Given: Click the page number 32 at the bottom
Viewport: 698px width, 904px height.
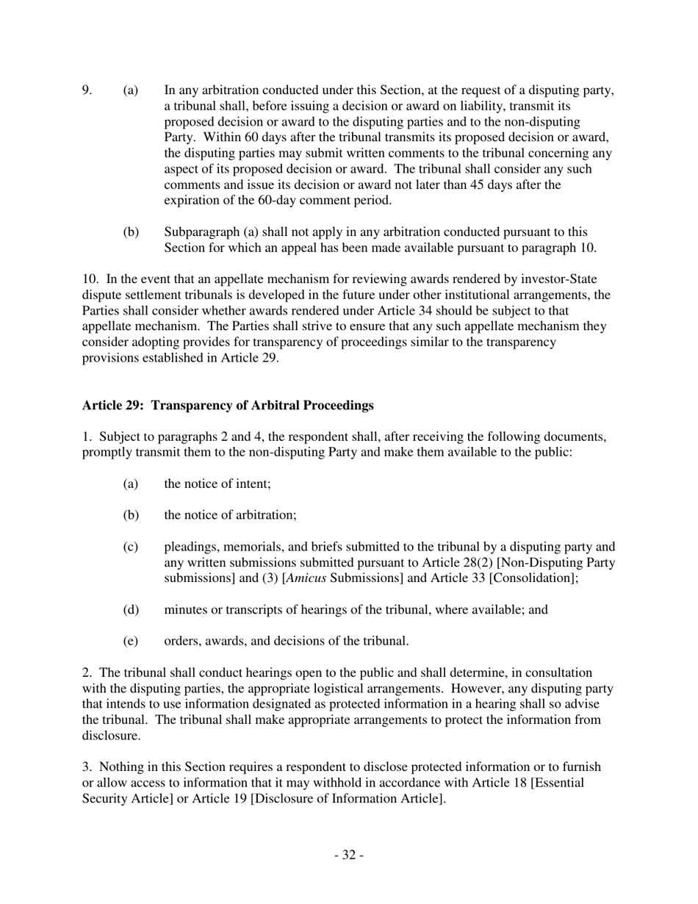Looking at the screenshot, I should pos(349,855).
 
